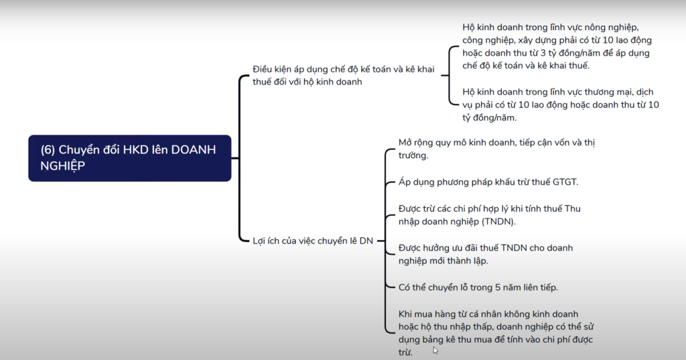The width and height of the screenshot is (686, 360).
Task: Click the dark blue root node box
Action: [x=129, y=158]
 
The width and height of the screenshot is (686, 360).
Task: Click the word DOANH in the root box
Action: [x=194, y=149]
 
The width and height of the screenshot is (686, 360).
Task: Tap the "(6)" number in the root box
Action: [x=48, y=149]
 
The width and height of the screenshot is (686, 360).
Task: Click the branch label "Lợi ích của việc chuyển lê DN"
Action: [x=313, y=241]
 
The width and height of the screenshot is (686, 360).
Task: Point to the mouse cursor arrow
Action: [x=435, y=351]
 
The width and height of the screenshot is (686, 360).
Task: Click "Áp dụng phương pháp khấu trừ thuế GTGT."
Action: [x=488, y=182]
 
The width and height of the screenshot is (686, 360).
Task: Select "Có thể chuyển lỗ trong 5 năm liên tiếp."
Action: [x=478, y=288]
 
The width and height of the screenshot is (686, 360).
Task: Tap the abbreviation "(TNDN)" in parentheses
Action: [x=498, y=222]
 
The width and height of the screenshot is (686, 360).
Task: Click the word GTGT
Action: [x=564, y=182]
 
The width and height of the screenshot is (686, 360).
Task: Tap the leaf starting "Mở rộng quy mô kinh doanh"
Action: [x=496, y=149]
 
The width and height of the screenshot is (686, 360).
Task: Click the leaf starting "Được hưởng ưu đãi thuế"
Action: [x=486, y=254]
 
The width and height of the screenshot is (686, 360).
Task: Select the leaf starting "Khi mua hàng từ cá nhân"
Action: [x=496, y=333]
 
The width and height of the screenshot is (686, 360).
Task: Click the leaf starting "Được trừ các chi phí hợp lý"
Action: [x=490, y=215]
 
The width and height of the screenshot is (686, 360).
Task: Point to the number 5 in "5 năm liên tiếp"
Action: [x=498, y=288]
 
